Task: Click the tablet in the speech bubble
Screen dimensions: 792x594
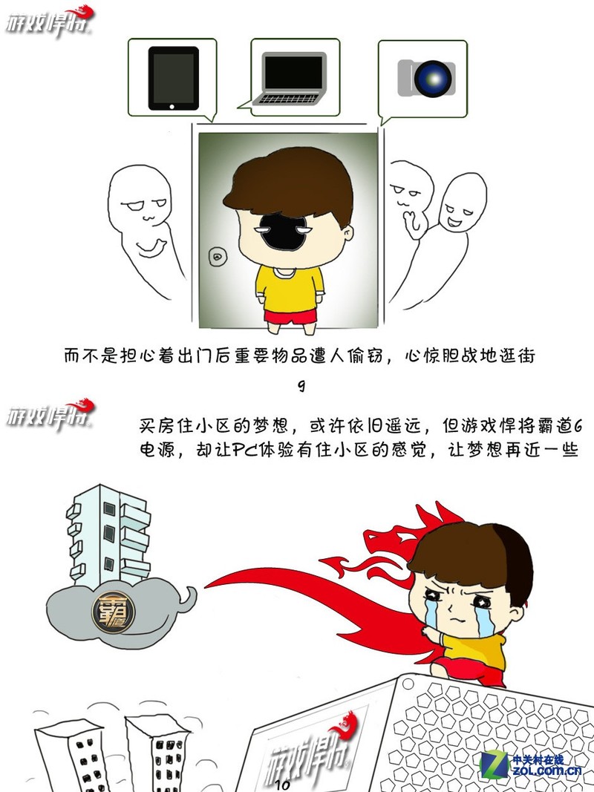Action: pyautogui.click(x=173, y=78)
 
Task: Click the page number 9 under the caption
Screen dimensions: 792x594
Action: pyautogui.click(x=300, y=387)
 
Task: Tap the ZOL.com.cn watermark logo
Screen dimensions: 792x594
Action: pyautogui.click(x=532, y=764)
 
